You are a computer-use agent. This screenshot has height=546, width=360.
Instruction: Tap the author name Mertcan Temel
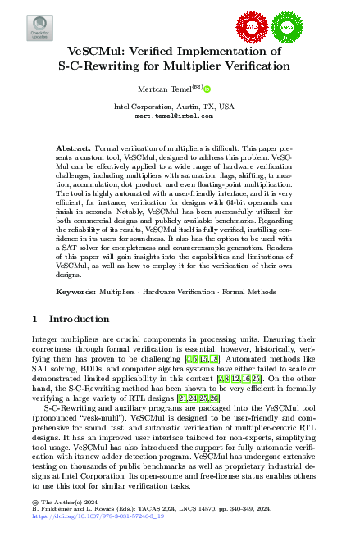pos(167,88)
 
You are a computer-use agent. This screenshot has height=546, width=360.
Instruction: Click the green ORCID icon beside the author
pos(207,88)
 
